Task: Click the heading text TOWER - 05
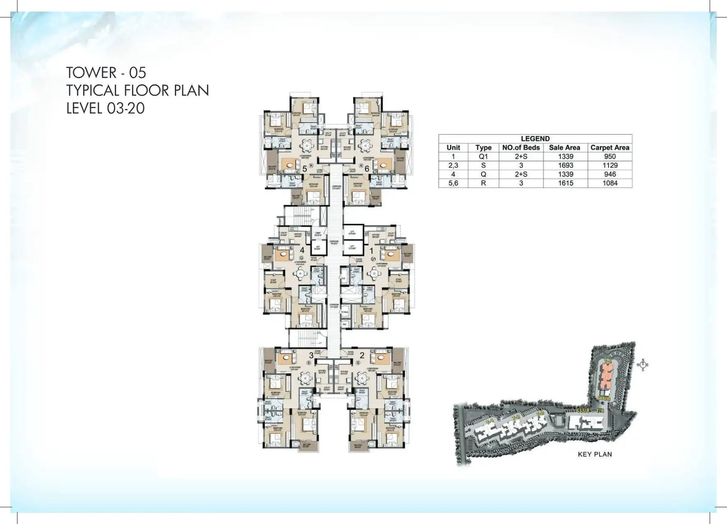click(x=106, y=73)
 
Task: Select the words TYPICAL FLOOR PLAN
click(x=138, y=90)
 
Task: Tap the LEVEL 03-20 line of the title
click(x=105, y=108)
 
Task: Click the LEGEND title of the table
click(x=535, y=139)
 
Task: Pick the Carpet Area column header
click(x=610, y=148)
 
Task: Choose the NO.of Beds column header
click(x=521, y=148)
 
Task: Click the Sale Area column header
click(x=564, y=148)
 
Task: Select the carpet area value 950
click(x=610, y=157)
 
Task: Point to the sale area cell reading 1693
click(x=565, y=165)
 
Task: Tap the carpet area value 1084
click(x=610, y=183)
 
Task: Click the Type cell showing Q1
click(x=483, y=157)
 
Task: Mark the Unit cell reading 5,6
click(x=453, y=183)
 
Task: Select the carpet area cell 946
click(x=610, y=174)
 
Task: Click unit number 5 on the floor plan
click(x=305, y=169)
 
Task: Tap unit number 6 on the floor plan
click(x=367, y=169)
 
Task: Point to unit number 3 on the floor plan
click(x=311, y=355)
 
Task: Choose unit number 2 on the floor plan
click(x=362, y=355)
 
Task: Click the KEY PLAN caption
click(x=595, y=454)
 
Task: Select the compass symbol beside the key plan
click(x=643, y=364)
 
